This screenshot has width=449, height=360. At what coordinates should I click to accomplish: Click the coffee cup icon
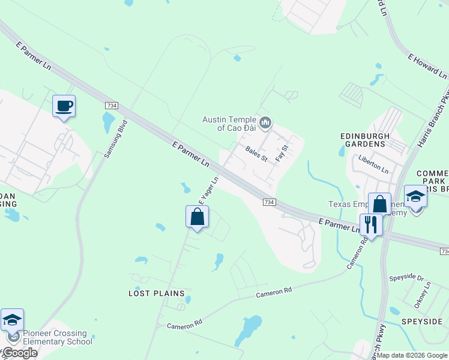[64, 107]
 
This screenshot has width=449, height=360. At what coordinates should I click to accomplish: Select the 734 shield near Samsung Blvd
[111, 105]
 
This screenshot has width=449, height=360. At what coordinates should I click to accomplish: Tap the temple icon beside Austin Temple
[267, 124]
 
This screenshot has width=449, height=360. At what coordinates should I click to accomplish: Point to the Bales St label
[256, 154]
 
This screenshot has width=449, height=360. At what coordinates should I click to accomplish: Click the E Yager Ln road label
[208, 190]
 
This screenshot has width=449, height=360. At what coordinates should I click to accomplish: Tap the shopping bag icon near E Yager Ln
[197, 217]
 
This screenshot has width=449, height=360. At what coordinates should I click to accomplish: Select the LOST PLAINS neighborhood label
[152, 293]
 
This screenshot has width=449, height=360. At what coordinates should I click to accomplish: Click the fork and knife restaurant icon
[371, 224]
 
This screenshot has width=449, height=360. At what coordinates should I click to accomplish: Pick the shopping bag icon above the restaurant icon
[379, 204]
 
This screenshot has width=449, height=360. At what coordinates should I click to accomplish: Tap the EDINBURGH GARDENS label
[362, 140]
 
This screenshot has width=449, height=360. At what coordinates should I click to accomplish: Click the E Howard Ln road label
[427, 67]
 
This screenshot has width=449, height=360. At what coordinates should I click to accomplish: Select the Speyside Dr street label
[406, 278]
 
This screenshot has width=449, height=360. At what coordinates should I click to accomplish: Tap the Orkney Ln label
[427, 295]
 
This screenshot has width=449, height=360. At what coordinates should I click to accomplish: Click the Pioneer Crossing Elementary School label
[58, 337]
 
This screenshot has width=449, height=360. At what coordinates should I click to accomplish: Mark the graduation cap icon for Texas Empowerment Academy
[415, 197]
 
